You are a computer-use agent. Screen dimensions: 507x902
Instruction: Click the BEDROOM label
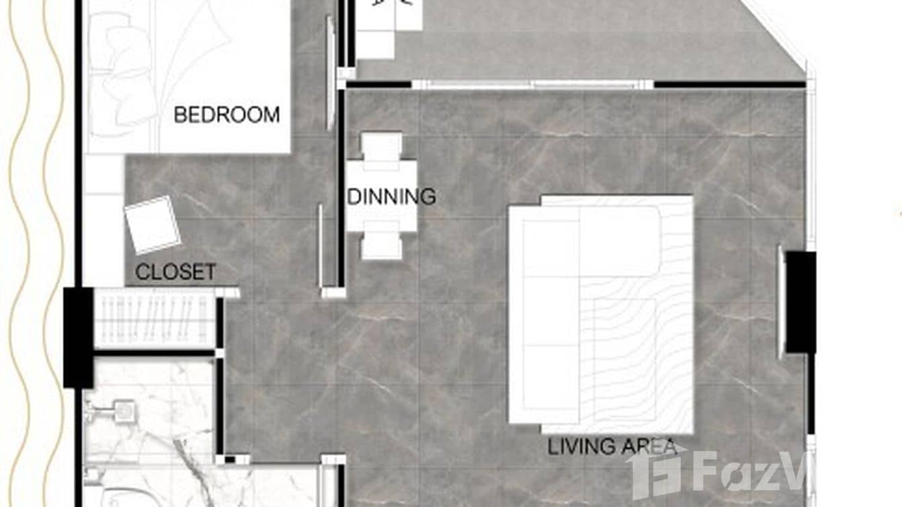pyautogui.click(x=227, y=114)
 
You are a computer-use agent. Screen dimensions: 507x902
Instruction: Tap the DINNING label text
pyautogui.click(x=391, y=197)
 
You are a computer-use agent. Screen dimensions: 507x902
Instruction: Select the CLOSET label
pyautogui.click(x=175, y=272)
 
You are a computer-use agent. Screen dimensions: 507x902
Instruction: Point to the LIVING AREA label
pyautogui.click(x=612, y=446)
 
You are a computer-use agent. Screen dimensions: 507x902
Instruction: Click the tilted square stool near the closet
pyautogui.click(x=153, y=225)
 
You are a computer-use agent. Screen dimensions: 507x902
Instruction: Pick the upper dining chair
pyautogui.click(x=381, y=146)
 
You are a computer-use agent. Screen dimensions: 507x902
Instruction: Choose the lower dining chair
pyautogui.click(x=381, y=246)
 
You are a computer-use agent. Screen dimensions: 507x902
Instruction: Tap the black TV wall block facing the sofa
pyautogui.click(x=801, y=302)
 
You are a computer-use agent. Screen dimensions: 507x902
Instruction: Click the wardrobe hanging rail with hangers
pyautogui.click(x=155, y=319)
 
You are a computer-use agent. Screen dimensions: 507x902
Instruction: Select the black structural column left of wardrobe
pyautogui.click(x=78, y=337)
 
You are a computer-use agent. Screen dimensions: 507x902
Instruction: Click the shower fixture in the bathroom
pyautogui.click(x=122, y=410)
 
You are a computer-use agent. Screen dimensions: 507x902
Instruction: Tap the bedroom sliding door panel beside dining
pyautogui.click(x=330, y=74)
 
